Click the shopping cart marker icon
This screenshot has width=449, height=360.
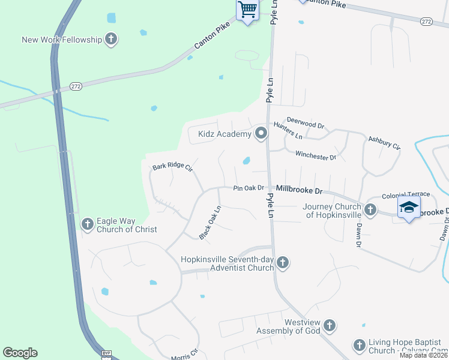pyautogui.click(x=247, y=10)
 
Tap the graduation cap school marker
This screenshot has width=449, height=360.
pyautogui.click(x=409, y=207)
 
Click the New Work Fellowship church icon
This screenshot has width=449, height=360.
pyautogui.click(x=110, y=40)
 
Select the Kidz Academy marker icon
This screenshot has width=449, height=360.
pyautogui.click(x=261, y=134)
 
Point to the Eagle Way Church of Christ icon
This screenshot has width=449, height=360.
pyautogui.click(x=87, y=224)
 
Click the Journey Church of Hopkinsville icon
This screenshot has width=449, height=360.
pyautogui.click(x=370, y=210)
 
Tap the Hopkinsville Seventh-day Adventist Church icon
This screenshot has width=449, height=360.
pyautogui.click(x=283, y=262)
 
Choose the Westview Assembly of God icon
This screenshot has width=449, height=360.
pyautogui.click(x=329, y=326)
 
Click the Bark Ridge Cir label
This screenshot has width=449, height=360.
pyautogui.click(x=172, y=167)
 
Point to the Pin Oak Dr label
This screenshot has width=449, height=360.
pyautogui.click(x=249, y=188)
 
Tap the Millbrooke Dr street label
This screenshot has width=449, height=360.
pyautogui.click(x=299, y=190)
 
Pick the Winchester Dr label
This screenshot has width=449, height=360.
pyautogui.click(x=316, y=156)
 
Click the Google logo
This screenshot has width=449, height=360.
pyautogui.click(x=20, y=353)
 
